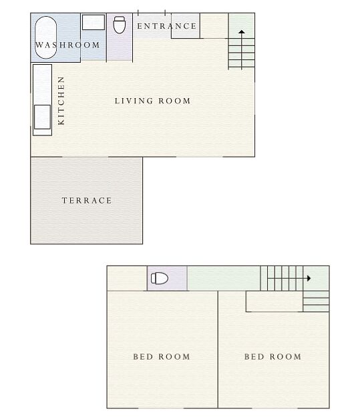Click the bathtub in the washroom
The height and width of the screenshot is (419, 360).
(x=45, y=37)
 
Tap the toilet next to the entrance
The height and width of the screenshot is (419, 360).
(x=120, y=25)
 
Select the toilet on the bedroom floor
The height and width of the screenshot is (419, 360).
(x=160, y=278)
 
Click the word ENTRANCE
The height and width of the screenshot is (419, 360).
(x=167, y=26)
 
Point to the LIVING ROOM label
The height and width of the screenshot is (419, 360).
(x=152, y=101)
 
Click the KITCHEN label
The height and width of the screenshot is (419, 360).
(x=61, y=101)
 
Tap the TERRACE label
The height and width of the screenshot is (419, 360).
(x=87, y=200)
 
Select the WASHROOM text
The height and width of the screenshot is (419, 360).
(x=67, y=45)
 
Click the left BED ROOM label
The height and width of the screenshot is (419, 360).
(x=162, y=356)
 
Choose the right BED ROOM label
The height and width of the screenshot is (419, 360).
(x=273, y=356)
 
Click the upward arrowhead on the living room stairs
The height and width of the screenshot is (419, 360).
(x=242, y=32)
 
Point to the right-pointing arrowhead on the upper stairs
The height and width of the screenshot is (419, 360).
(x=309, y=278)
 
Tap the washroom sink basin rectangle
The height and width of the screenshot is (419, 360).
(x=94, y=22)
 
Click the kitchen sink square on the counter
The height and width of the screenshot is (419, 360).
(x=42, y=117)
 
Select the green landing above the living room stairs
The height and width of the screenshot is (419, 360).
(x=242, y=25)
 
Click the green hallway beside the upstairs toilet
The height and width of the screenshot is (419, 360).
(x=224, y=278)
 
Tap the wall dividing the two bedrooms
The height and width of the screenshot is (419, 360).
(x=218, y=350)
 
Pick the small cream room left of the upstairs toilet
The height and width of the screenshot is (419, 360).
(x=127, y=278)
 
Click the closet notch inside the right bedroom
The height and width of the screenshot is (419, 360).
(x=274, y=301)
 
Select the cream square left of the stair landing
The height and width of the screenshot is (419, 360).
(x=214, y=25)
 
